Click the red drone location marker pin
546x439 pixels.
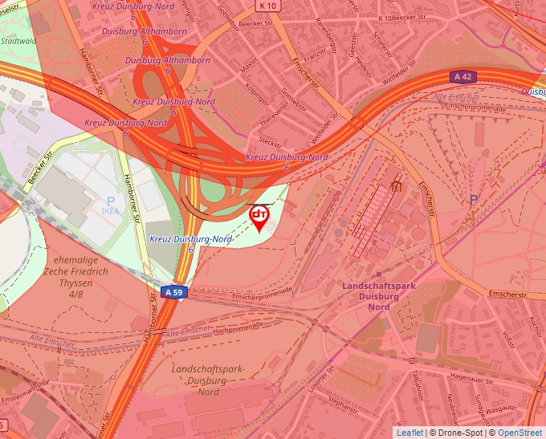pos(259,217)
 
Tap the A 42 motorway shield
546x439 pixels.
pos(461,77)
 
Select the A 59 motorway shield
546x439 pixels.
pos(173,293)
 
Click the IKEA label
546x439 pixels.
pos(110,211)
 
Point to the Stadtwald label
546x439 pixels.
pos(18,39)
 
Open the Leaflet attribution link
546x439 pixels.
pos(409,433)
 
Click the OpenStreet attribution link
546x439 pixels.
pos(520,433)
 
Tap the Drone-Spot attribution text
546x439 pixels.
pos(460,433)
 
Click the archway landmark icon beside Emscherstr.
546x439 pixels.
pos(396,186)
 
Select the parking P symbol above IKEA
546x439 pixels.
pos(110,201)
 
